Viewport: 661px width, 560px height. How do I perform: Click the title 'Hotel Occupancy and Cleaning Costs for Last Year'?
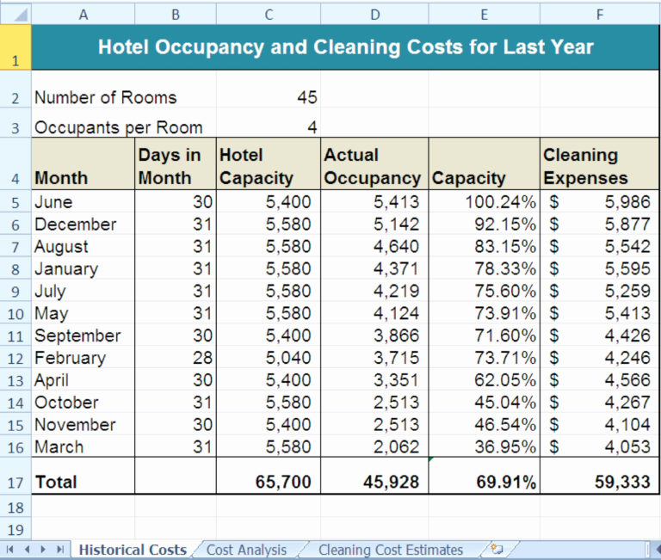345,46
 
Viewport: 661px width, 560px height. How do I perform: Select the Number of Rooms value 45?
306,97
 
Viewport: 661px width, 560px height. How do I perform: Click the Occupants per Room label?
118,127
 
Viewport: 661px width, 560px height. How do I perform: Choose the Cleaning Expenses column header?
584,166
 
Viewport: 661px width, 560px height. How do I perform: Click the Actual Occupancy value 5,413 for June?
397,202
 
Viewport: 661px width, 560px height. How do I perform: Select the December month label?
75,225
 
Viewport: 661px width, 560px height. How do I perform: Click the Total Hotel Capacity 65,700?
283,483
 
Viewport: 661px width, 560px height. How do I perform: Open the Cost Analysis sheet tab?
246,550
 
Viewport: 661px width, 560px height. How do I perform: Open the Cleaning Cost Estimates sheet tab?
390,550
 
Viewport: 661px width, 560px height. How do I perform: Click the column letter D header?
374,14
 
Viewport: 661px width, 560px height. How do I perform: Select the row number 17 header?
15,483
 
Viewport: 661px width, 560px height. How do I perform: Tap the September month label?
77,335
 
